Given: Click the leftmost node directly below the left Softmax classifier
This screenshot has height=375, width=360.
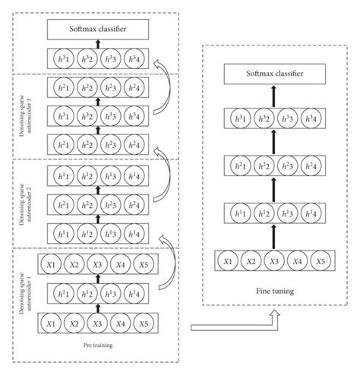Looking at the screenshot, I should (60, 57).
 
